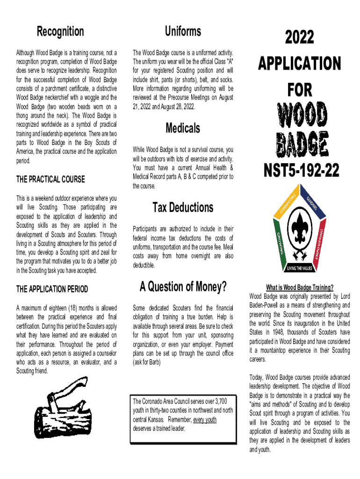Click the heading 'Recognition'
click(x=60, y=32)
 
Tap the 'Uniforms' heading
click(x=183, y=31)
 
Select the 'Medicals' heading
click(x=183, y=128)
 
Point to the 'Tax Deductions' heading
click(x=183, y=207)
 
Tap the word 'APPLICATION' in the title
click(x=300, y=64)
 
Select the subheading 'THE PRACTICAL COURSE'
click(x=50, y=179)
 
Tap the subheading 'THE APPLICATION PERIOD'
click(x=52, y=289)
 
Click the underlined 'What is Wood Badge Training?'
click(x=300, y=287)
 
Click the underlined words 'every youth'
click(x=205, y=420)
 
